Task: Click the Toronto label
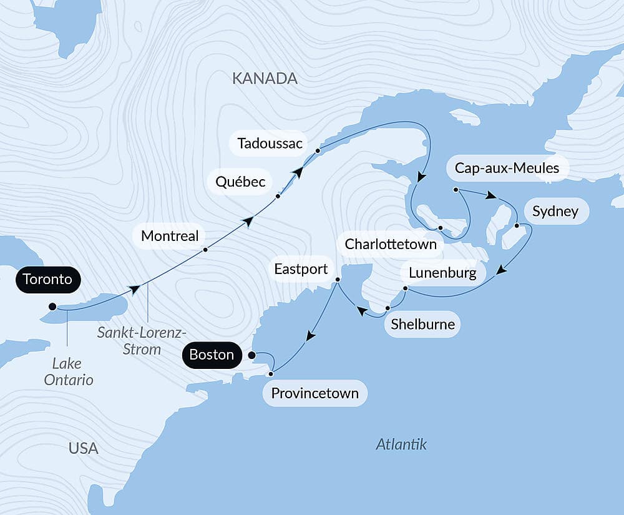click(x=47, y=279)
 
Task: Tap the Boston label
click(x=212, y=355)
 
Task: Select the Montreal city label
click(x=170, y=236)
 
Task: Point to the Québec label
click(x=240, y=182)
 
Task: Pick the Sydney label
click(x=555, y=212)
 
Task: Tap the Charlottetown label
click(x=391, y=243)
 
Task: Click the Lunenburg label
click(x=442, y=273)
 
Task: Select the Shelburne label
click(x=422, y=325)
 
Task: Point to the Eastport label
click(x=301, y=269)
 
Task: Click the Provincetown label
click(x=315, y=393)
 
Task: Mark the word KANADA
click(x=265, y=79)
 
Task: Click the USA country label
click(x=84, y=448)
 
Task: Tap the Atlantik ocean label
click(x=401, y=444)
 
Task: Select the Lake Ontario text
click(x=69, y=371)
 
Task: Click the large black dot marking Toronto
click(x=52, y=307)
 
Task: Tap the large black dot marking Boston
click(x=251, y=355)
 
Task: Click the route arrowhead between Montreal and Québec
click(x=249, y=221)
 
